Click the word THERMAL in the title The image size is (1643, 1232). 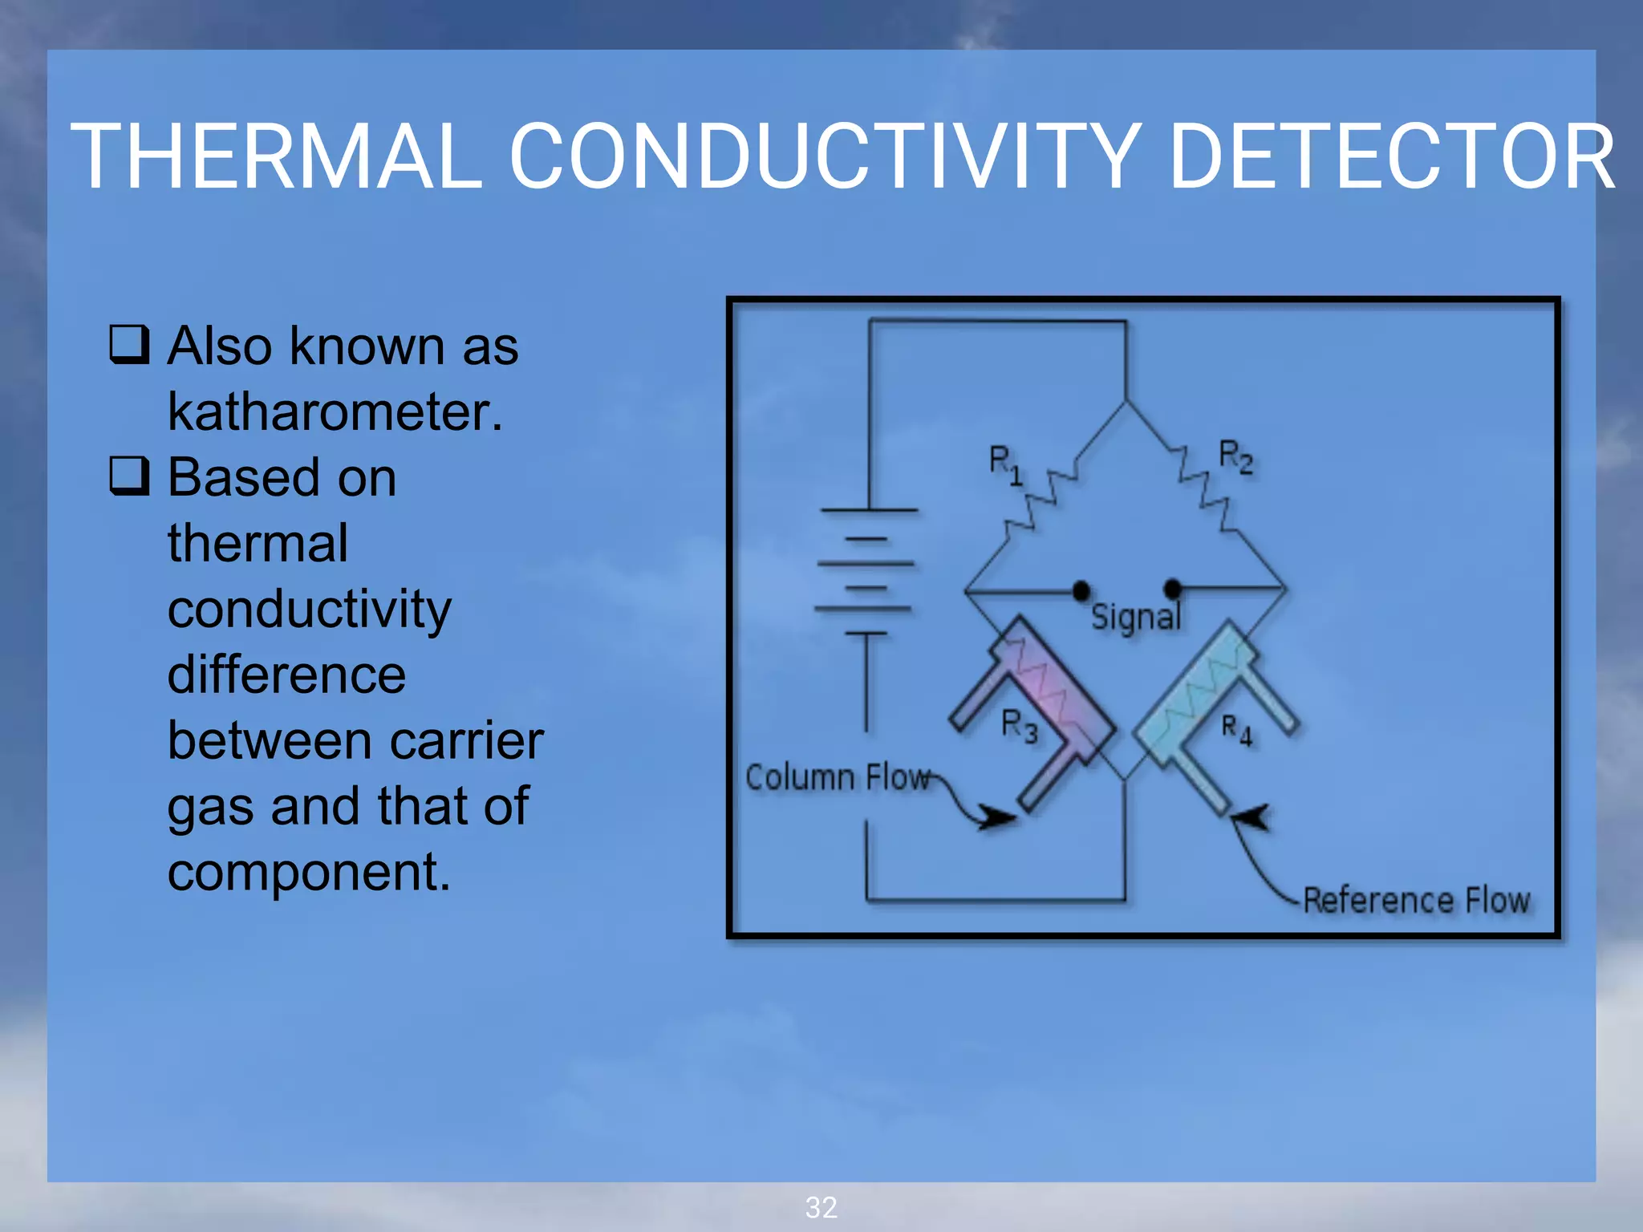(277, 157)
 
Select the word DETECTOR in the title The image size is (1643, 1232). (1392, 157)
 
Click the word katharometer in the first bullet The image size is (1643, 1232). (335, 412)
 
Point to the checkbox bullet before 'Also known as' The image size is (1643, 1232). (129, 345)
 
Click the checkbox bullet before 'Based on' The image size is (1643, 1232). (129, 476)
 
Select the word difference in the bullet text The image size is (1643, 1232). (286, 675)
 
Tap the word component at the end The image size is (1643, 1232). (308, 873)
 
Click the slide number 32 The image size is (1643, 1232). (821, 1207)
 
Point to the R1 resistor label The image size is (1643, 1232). (1004, 464)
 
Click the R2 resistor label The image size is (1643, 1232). (1235, 456)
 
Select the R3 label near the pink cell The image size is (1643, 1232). (1019, 725)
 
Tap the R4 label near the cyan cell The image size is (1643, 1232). (1235, 730)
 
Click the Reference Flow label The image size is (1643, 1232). (1416, 900)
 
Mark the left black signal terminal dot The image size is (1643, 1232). (1081, 591)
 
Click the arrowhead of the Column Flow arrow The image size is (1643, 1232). (999, 817)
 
